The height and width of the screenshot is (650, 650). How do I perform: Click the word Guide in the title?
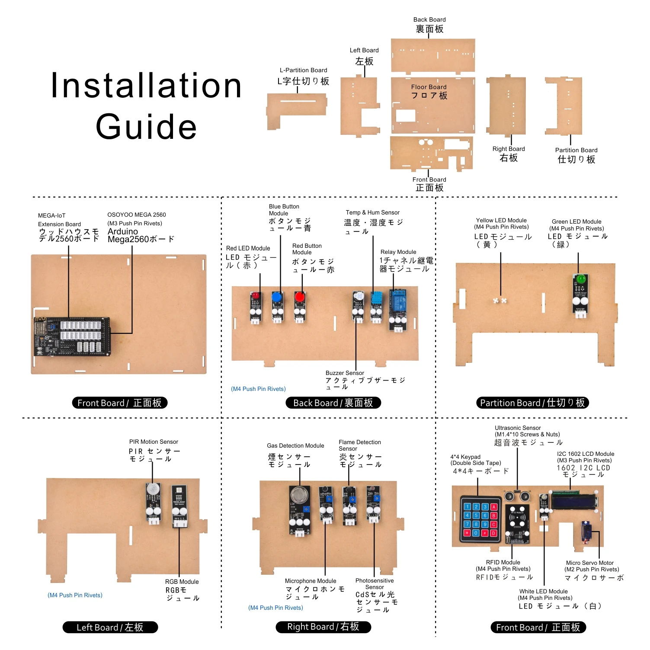point(146,127)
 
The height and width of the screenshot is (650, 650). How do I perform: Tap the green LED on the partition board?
point(580,279)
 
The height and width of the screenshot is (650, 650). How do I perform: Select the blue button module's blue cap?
point(277,297)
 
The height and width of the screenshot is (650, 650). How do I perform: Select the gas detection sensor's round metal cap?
point(298,494)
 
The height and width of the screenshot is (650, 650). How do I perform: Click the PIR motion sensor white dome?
point(153,489)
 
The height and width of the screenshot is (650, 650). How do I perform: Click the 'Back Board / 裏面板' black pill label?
point(333,403)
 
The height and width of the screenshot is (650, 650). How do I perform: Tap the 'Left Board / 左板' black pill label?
point(110,627)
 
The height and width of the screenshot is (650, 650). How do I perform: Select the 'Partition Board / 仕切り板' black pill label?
point(532,403)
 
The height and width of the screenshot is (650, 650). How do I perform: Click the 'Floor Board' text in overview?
point(429,87)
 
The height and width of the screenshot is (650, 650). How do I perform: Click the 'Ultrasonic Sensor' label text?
point(518,428)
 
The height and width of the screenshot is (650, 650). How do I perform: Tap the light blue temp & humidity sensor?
point(376,298)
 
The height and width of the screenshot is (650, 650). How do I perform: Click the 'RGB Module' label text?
point(182,582)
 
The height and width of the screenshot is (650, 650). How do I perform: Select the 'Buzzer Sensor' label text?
point(345,373)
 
